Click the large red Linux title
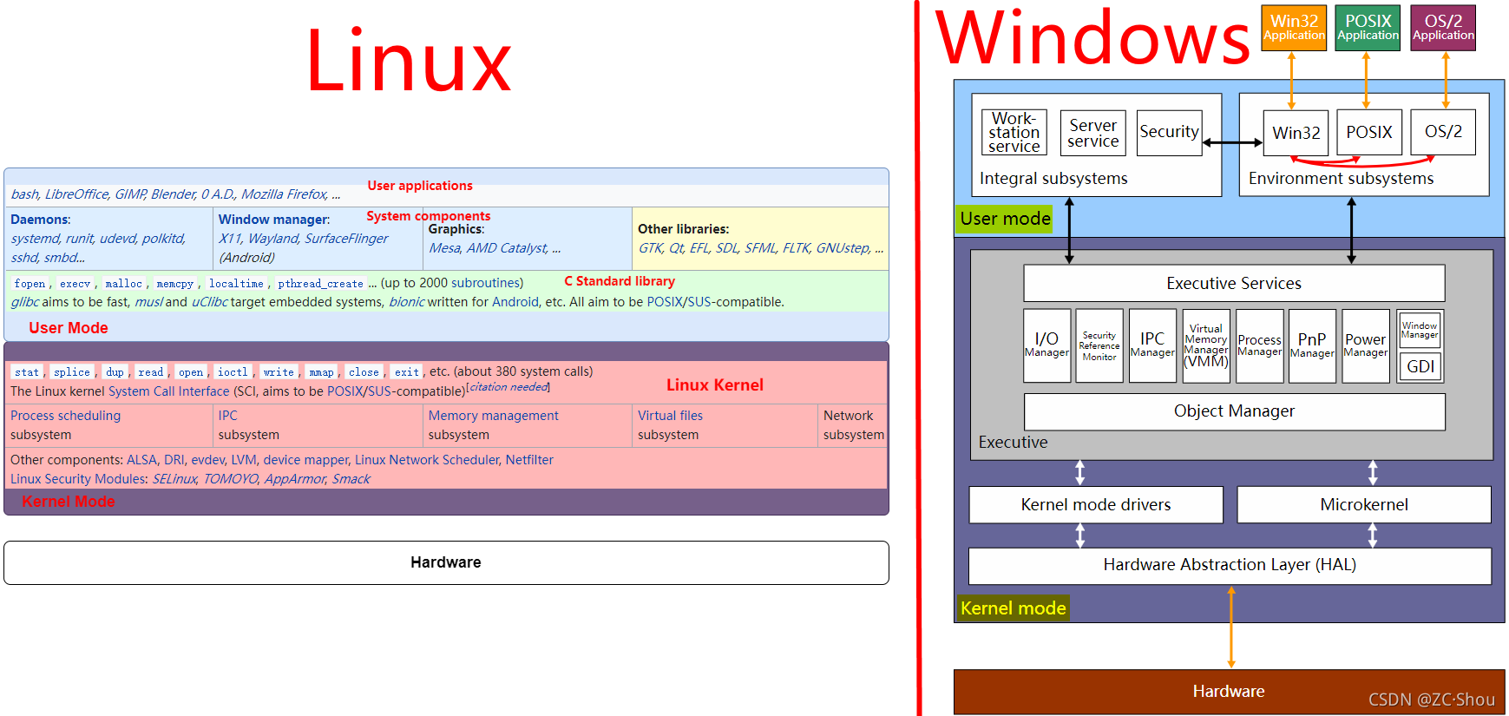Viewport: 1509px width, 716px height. coord(409,61)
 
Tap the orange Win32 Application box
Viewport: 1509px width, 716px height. coord(1293,28)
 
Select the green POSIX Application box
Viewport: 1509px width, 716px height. coord(1368,28)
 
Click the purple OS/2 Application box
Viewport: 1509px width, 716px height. coord(1442,28)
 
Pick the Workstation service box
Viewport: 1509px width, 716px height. coord(1014,133)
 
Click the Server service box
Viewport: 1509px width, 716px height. coord(1092,133)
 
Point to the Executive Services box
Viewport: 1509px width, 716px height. coord(1233,284)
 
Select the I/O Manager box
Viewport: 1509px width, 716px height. coord(1046,345)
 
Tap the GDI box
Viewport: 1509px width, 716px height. coord(1420,367)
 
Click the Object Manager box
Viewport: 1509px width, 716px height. coord(1233,411)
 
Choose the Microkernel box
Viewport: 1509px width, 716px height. coord(1363,505)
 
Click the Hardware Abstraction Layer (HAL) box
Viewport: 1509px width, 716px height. coord(1229,565)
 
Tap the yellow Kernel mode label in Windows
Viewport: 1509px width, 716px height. coord(1013,608)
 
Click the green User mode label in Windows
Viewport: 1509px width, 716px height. coord(1005,219)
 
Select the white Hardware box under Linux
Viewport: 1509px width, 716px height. coord(446,562)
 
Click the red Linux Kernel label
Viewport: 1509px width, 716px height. coord(714,385)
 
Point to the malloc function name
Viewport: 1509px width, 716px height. coord(123,284)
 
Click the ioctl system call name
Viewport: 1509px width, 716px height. coord(233,372)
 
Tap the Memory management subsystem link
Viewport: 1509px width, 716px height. coord(493,416)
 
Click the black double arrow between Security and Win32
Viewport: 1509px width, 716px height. coord(1232,143)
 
